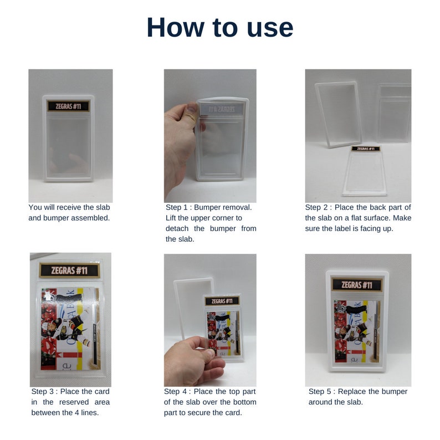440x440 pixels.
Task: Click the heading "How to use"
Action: (x=219, y=28)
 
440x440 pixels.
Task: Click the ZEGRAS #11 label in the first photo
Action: (x=68, y=106)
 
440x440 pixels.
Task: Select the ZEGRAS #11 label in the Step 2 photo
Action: (x=366, y=149)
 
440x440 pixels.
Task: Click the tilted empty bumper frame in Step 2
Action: (x=339, y=114)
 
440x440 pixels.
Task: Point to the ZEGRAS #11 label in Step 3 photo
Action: (x=69, y=270)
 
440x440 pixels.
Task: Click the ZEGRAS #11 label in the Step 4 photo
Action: (x=222, y=301)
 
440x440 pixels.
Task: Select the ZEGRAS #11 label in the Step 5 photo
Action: (x=357, y=285)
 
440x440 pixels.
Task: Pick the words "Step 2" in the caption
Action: (x=317, y=207)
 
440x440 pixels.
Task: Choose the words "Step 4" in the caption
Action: (x=176, y=391)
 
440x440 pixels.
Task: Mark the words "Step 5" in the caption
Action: (x=321, y=391)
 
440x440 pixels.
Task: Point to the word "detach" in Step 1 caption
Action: (x=177, y=228)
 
